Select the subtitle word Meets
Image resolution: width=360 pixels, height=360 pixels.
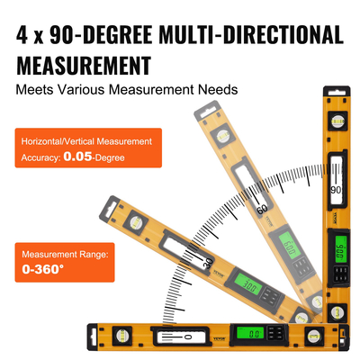[x=35, y=90]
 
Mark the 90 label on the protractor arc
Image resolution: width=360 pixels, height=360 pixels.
[x=335, y=191]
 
